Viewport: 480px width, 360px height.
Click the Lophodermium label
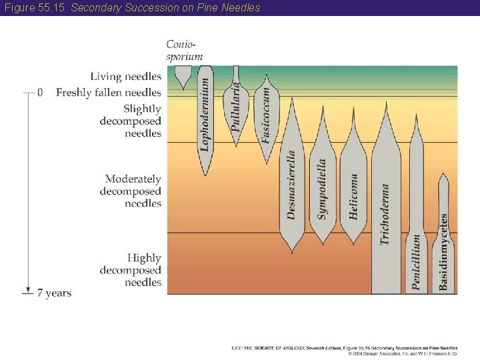click(x=205, y=114)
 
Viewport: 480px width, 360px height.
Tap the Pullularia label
click(x=235, y=105)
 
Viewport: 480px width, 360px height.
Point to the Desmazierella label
click(x=291, y=185)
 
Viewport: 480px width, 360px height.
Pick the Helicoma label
click(x=354, y=197)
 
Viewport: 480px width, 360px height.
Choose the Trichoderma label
click(x=385, y=214)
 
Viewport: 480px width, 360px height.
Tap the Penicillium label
click(x=417, y=261)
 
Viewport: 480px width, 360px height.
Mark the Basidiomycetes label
click(x=443, y=252)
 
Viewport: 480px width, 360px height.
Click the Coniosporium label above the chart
click(x=184, y=51)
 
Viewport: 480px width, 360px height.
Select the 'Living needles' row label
click(x=126, y=77)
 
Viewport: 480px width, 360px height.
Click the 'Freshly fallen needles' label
click(x=109, y=92)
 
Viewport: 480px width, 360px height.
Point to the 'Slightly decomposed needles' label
click(x=131, y=121)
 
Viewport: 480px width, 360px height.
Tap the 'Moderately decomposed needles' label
click(x=131, y=191)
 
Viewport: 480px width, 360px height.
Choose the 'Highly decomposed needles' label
click(x=131, y=269)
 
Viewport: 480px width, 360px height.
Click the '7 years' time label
click(x=54, y=293)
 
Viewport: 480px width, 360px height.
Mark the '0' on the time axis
click(x=40, y=92)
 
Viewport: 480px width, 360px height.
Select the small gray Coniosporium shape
click(x=181, y=75)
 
